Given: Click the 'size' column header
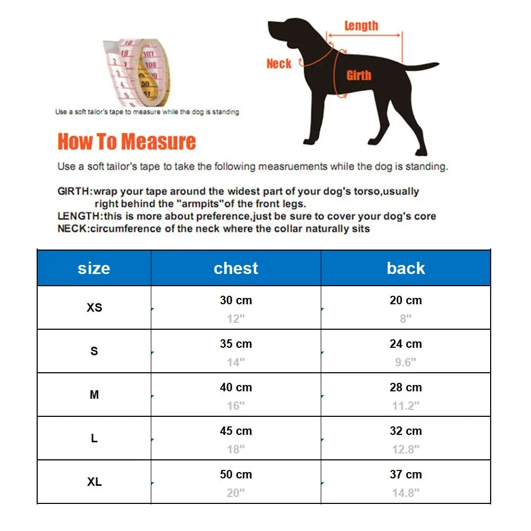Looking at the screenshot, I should pos(93,268).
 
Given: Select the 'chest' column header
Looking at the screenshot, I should pos(236,268).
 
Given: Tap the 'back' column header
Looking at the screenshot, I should pos(406,268).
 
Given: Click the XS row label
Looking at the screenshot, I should pos(94,307).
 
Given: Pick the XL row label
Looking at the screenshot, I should pos(94,482).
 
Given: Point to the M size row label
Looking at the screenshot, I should pos(94,395).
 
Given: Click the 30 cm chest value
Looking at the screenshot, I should pos(236,301).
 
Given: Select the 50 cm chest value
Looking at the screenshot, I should pos(236,475).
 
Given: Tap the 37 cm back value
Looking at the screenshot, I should pos(406,475).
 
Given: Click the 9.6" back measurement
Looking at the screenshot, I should pos(406,362).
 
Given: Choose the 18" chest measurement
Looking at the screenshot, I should pos(236,449).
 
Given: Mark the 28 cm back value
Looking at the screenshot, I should pos(406,388).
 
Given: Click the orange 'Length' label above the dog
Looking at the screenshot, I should pos(361,25).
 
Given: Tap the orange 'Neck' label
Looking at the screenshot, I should pos(279,64).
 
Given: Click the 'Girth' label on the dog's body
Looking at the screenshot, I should pos(359,75).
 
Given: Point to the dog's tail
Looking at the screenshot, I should pos(422,66).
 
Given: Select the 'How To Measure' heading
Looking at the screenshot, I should pos(126,142).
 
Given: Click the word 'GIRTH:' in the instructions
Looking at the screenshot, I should pos(75,191).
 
